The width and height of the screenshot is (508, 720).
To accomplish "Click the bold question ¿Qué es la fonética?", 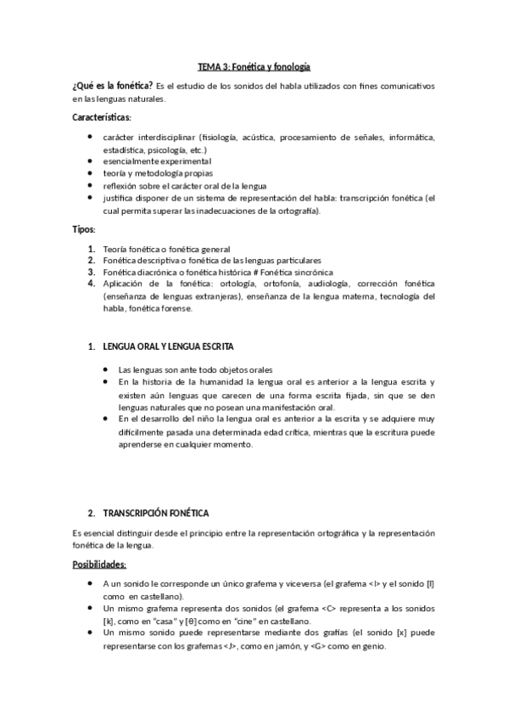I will point(113,86).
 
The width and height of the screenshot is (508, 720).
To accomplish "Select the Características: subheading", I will point(101,116).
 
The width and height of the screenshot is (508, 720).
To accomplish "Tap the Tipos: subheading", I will point(84,228).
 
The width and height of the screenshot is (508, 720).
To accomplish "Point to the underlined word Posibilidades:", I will point(100,564).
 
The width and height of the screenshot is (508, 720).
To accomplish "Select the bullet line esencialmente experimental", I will point(156,160).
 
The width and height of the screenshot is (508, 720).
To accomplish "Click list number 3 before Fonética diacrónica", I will point(91,272).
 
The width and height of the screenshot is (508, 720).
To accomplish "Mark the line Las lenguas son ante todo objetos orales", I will point(196,369).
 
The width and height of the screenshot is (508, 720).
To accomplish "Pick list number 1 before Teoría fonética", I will point(91,248).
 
